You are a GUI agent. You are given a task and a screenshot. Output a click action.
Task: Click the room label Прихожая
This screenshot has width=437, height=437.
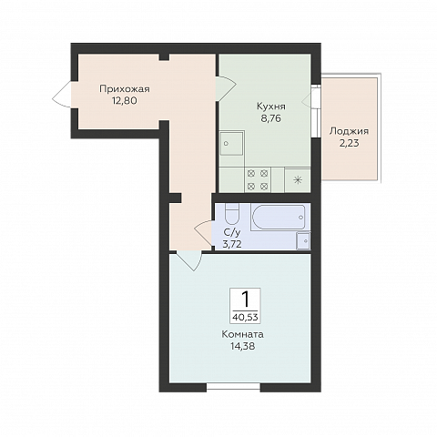click(125, 89)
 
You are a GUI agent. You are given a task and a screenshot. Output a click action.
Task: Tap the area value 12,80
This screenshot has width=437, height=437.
click(125, 100)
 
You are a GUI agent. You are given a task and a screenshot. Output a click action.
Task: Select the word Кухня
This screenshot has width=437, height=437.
click(271, 107)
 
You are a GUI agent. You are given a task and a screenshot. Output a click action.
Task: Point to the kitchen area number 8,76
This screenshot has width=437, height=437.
click(271, 118)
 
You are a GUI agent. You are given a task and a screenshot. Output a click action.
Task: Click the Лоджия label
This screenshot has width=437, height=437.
click(349, 131)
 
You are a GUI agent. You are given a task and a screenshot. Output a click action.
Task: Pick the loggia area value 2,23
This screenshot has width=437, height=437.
click(349, 143)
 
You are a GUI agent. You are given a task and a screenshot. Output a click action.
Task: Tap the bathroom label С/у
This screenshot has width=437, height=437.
click(232, 232)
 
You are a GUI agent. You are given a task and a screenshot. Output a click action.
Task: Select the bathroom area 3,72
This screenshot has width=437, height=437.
click(232, 244)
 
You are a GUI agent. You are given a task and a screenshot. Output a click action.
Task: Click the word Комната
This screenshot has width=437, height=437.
click(243, 334)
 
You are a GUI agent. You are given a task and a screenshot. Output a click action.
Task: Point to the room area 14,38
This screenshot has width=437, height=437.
click(243, 346)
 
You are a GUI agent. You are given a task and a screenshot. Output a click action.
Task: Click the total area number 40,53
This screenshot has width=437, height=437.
click(245, 318)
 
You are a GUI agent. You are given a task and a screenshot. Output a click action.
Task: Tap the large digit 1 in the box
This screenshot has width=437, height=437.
click(245, 300)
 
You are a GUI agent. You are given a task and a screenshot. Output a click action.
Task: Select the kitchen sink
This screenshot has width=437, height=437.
click(232, 143)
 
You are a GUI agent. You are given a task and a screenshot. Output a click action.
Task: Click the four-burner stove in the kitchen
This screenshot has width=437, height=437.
click(258, 180)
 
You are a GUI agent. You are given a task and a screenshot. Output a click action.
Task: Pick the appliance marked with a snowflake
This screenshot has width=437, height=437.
click(298, 180)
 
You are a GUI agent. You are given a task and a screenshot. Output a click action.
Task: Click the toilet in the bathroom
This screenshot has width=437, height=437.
click(232, 214)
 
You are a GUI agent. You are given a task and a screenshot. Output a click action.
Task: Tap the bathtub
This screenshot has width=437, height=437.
click(279, 218)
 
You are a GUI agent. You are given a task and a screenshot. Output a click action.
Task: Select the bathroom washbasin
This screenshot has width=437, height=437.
click(303, 241)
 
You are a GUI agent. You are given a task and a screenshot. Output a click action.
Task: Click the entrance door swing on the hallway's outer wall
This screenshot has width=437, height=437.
click(62, 95)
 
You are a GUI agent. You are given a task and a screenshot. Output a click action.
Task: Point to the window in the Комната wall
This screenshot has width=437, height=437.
click(233, 387)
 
